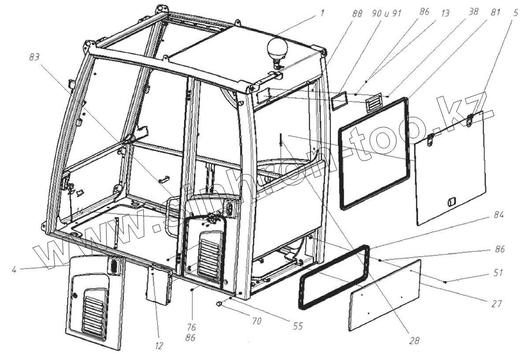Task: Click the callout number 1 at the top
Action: point(322,13)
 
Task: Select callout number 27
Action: point(498,304)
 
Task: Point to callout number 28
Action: point(414,341)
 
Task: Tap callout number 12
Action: point(159,346)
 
